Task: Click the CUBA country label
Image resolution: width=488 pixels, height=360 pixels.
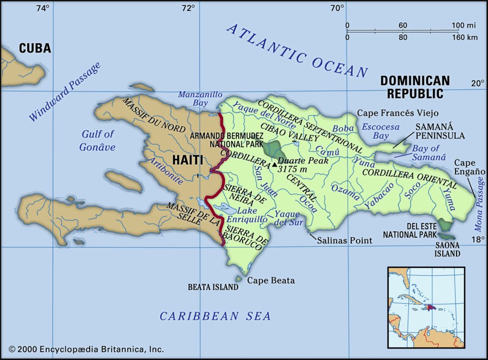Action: click(35, 48)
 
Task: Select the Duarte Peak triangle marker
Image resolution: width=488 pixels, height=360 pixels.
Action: click(274, 165)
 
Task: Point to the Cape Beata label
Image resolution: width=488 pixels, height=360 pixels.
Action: click(271, 280)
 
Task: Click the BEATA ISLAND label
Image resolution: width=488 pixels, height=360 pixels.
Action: click(213, 287)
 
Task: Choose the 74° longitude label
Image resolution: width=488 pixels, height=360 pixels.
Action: click(42, 8)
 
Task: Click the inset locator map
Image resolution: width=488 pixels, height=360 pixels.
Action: click(426, 307)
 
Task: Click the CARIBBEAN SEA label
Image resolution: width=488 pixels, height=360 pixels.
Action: click(215, 316)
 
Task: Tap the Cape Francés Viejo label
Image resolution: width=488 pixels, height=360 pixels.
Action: click(398, 113)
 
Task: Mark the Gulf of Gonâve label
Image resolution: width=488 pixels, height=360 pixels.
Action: click(97, 140)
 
